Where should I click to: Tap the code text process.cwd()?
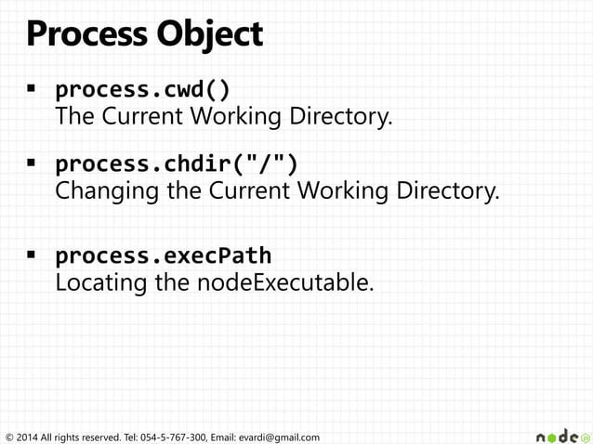point(143,91)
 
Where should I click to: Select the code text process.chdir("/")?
point(177,164)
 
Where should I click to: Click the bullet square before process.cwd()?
point(30,90)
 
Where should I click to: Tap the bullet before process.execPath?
point(30,254)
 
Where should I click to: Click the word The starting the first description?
point(73,118)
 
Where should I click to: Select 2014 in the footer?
point(28,437)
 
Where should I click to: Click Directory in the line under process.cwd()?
point(337,118)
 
